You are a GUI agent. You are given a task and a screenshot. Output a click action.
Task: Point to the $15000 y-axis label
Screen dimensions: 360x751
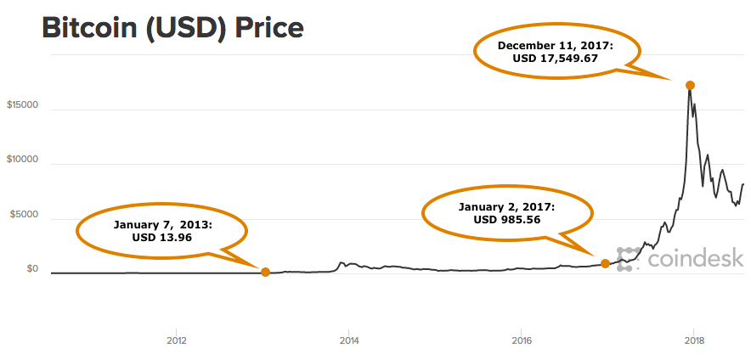23,106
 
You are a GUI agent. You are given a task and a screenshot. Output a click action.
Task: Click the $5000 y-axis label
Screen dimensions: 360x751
25,215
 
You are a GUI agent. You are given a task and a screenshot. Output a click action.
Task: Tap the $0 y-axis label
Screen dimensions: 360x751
33,269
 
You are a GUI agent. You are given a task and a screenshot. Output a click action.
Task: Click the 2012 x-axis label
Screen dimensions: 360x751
176,341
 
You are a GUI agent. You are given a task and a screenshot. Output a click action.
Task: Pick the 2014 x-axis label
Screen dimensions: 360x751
348,341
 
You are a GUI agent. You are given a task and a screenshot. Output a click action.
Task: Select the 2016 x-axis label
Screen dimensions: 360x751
522,341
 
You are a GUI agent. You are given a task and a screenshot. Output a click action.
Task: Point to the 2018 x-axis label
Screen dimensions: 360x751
694,341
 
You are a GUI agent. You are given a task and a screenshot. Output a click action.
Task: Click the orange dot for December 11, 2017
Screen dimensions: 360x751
691,85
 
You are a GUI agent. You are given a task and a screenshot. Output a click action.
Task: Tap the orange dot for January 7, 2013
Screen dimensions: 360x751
265,272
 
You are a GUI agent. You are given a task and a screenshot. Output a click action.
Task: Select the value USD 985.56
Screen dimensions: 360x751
506,220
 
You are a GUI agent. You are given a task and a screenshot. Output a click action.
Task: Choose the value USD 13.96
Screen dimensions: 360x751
161,238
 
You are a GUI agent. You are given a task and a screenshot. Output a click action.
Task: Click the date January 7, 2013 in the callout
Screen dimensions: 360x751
161,225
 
